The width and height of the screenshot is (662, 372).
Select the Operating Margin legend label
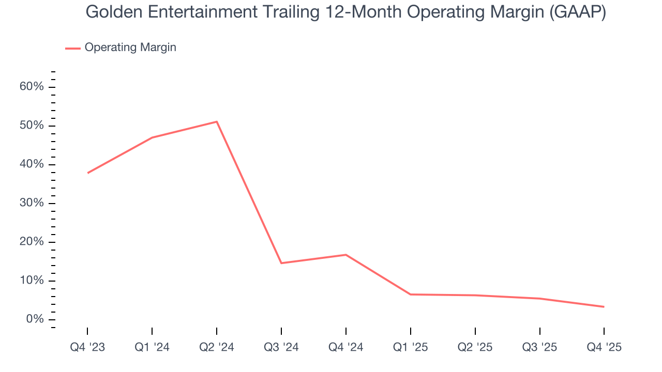pyautogui.click(x=130, y=48)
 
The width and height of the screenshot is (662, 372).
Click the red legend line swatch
pyautogui.click(x=73, y=48)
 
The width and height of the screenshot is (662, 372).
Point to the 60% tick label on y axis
pyautogui.click(x=32, y=87)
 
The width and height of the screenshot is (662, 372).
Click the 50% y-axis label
pyautogui.click(x=32, y=126)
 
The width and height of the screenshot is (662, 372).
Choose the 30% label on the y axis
pyautogui.click(x=32, y=203)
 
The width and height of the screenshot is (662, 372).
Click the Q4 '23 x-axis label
pyautogui.click(x=87, y=347)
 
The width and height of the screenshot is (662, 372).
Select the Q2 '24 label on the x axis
pyautogui.click(x=217, y=347)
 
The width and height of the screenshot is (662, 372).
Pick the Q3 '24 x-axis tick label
pyautogui.click(x=281, y=347)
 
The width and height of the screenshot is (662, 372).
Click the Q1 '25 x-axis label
pyautogui.click(x=411, y=347)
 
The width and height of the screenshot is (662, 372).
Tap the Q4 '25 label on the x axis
pyautogui.click(x=604, y=347)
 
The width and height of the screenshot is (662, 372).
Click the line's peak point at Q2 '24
pyautogui.click(x=217, y=122)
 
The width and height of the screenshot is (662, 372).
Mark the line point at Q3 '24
pyautogui.click(x=281, y=263)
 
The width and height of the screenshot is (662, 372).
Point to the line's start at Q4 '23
pyautogui.click(x=88, y=173)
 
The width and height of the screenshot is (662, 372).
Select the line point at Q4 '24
pyautogui.click(x=345, y=255)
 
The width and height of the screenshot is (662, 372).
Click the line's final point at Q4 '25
pyautogui.click(x=604, y=307)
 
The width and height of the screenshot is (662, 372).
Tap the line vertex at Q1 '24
pyautogui.click(x=152, y=137)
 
